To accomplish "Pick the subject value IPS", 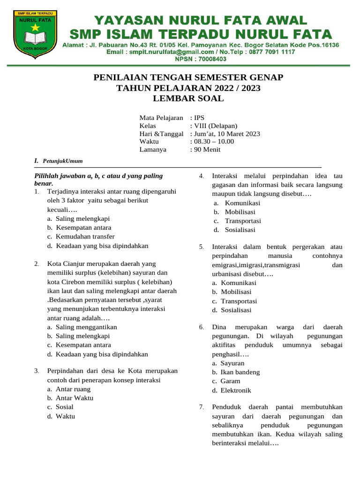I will coord(199,118).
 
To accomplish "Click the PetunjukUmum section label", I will coord(62,161).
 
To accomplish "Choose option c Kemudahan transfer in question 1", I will coord(85,236).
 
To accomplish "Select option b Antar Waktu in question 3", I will coord(75,397).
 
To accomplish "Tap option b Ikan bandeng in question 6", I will coord(240,372).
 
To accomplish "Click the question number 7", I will coord(201,407).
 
